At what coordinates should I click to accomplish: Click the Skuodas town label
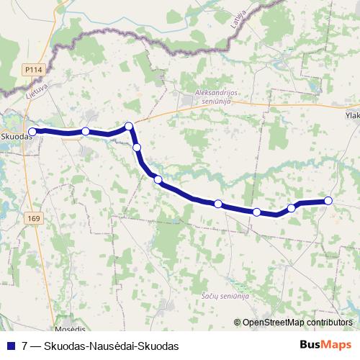(14, 135)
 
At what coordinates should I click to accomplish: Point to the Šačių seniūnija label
(225, 296)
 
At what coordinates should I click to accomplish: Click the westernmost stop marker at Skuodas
(32, 131)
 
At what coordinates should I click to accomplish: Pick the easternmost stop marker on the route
(328, 201)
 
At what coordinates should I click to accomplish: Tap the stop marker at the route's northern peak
(130, 127)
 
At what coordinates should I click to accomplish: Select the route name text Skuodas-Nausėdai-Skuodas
(111, 346)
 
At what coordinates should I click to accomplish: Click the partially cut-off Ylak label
(351, 114)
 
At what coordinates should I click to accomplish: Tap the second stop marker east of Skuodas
(86, 131)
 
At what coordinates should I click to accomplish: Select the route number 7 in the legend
(25, 346)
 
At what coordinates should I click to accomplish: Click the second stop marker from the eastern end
(292, 208)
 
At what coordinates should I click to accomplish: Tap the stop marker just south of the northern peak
(137, 148)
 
